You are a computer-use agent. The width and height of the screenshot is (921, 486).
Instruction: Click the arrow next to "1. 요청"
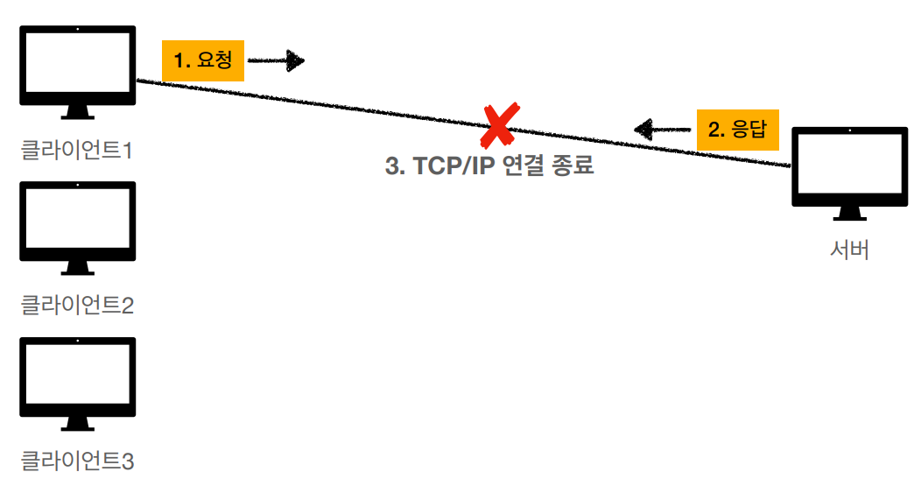276,60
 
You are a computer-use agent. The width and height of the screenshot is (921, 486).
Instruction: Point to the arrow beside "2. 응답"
663,130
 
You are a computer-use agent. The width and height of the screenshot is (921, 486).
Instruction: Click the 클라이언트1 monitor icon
77,65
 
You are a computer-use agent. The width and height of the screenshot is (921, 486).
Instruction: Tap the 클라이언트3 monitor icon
77,377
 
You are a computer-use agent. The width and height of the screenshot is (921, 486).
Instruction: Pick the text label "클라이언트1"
77,151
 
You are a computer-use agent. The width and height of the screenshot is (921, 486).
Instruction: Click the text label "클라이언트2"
77,306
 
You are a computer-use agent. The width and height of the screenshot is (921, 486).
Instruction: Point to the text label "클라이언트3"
77,461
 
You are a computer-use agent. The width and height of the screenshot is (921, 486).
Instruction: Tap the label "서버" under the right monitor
849,250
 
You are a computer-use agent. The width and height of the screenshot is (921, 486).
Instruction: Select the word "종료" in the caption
573,166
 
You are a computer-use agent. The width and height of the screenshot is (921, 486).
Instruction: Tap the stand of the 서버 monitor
848,213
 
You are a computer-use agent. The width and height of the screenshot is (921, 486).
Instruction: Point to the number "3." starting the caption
395,166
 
